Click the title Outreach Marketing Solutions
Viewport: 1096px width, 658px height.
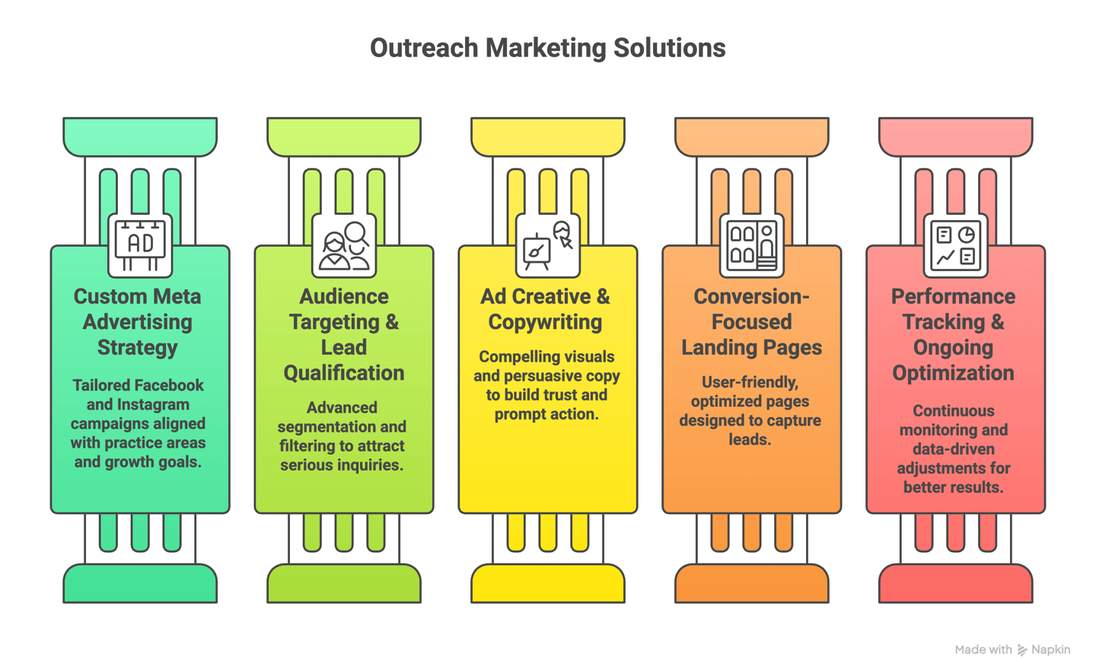click(547, 48)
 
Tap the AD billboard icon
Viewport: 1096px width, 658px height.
click(140, 244)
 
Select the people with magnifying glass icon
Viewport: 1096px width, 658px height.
click(344, 244)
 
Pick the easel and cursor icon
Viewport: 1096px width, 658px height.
click(548, 244)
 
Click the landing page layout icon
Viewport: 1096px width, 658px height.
click(752, 244)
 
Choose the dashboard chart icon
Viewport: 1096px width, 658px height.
click(955, 244)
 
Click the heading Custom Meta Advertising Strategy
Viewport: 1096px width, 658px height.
click(138, 321)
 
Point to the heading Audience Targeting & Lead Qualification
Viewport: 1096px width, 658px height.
click(344, 334)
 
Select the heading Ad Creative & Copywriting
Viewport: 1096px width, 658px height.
click(546, 308)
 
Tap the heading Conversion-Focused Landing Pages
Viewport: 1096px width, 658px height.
click(751, 321)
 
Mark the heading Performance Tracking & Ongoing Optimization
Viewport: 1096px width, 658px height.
click(953, 334)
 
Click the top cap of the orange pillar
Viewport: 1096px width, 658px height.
click(752, 136)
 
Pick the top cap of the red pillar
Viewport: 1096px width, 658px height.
click(955, 136)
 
